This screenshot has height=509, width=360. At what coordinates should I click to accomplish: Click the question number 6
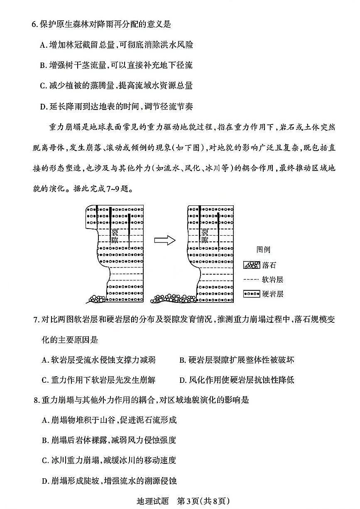tap(34, 24)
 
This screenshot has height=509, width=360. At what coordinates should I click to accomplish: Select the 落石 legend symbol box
tap(251, 265)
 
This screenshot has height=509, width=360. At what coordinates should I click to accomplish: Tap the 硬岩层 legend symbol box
tap(251, 294)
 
